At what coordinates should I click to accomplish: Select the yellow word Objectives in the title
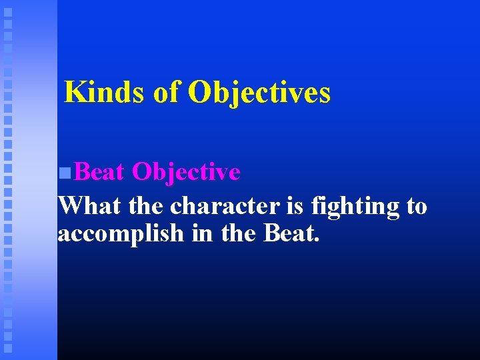tap(259, 92)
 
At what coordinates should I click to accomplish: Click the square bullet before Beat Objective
tap(64, 173)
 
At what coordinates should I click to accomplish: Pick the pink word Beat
tap(99, 172)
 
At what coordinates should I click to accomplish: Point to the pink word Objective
tap(186, 172)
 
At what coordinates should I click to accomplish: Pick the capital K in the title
tap(75, 92)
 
